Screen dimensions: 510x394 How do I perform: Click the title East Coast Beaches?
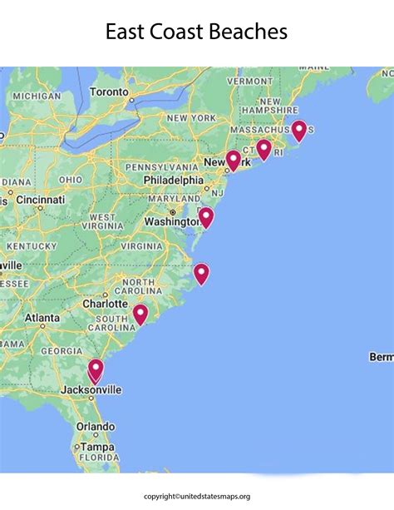[x=196, y=32]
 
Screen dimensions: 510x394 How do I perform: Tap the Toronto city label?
[x=110, y=91]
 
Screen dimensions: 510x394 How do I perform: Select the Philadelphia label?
[x=173, y=180]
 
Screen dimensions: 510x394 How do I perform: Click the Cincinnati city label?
[x=39, y=201]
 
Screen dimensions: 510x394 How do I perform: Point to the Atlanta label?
[x=42, y=318]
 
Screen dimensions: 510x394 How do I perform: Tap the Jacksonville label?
[x=91, y=389]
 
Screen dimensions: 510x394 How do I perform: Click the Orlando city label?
[x=96, y=426]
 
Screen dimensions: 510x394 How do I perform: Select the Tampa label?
[x=98, y=447]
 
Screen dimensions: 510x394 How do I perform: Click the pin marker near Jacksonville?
[x=96, y=369]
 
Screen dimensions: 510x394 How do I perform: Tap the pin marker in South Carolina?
[x=140, y=314]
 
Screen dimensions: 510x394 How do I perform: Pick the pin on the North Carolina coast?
[x=201, y=272]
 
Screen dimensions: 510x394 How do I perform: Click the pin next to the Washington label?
[x=206, y=217]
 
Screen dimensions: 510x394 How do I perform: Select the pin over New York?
[x=234, y=159]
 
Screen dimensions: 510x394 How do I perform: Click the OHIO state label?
[x=71, y=180]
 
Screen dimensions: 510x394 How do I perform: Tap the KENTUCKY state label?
[x=31, y=246]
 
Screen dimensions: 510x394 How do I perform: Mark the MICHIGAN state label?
[x=37, y=97]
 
